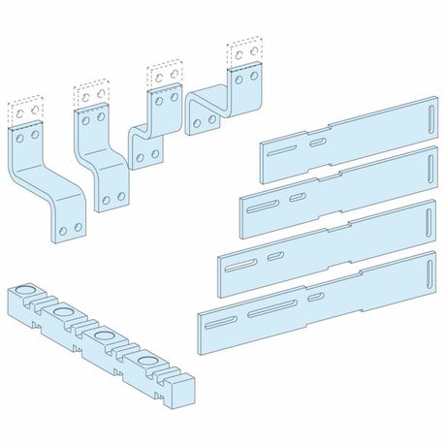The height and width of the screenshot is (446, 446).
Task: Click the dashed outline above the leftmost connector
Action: (26, 110)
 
